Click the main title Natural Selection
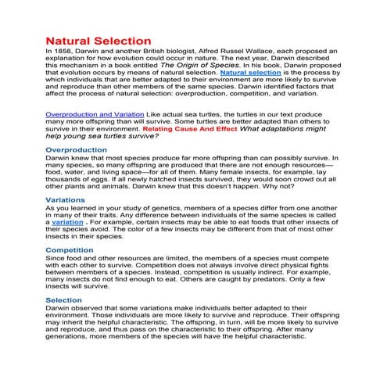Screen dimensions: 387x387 pos(99,40)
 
